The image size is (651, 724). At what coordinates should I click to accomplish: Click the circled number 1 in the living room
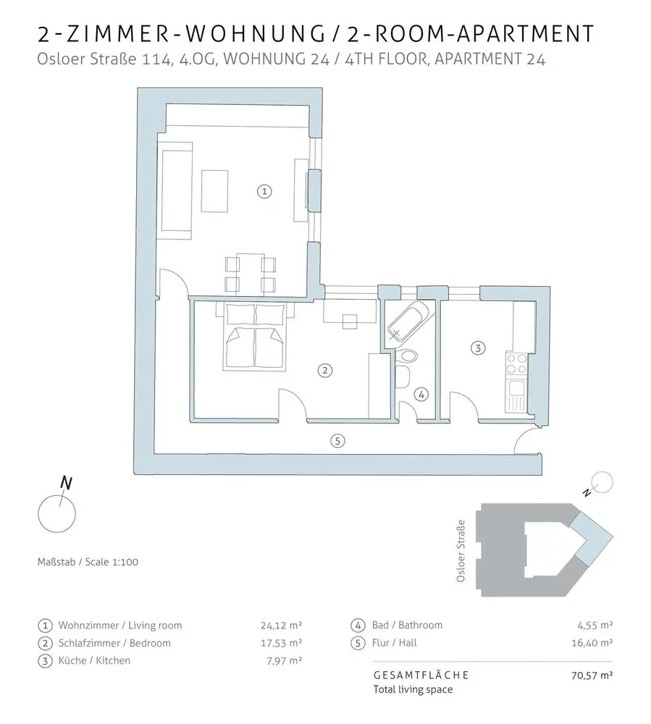[264, 191]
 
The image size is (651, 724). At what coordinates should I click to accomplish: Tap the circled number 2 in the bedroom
[325, 370]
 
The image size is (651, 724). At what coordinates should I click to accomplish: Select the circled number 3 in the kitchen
[476, 348]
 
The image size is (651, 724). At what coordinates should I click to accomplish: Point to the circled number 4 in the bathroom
[422, 395]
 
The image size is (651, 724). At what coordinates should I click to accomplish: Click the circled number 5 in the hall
[335, 439]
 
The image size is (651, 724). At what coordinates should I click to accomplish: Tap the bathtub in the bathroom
[407, 321]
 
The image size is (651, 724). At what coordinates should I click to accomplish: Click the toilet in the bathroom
[410, 356]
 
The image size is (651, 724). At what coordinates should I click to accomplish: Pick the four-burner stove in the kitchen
[518, 363]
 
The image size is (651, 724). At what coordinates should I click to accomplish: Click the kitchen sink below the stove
[518, 395]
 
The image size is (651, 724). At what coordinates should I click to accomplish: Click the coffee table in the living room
[215, 191]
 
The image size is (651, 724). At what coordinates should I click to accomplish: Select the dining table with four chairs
[250, 274]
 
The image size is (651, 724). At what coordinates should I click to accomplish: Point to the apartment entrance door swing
[527, 439]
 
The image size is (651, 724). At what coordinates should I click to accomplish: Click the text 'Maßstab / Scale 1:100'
[84, 562]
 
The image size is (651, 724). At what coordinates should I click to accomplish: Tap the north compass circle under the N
[56, 510]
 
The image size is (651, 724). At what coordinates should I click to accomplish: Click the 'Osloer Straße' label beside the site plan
[461, 555]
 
